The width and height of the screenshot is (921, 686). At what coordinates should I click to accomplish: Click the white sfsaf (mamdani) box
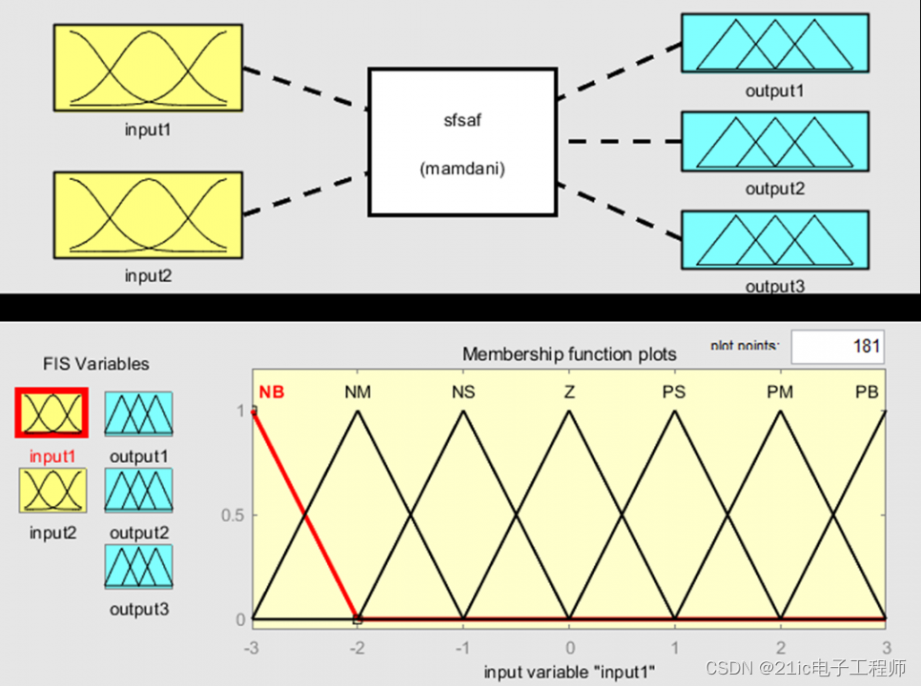pyautogui.click(x=462, y=141)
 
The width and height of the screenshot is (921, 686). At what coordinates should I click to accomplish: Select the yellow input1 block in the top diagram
pyautogui.click(x=148, y=68)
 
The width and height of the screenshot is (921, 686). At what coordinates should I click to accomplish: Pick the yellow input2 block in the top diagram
pyautogui.click(x=148, y=215)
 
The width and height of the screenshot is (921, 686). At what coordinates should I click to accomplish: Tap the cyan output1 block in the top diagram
pyautogui.click(x=774, y=44)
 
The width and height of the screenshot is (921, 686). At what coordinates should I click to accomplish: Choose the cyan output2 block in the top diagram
pyautogui.click(x=774, y=142)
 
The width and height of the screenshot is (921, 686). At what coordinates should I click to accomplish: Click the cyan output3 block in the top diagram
pyautogui.click(x=774, y=239)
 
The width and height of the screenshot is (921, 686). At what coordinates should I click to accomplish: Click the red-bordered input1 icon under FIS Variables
pyautogui.click(x=51, y=414)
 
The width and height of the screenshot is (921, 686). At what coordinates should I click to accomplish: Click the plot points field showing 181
pyautogui.click(x=836, y=347)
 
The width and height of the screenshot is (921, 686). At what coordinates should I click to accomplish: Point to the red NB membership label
pyautogui.click(x=271, y=392)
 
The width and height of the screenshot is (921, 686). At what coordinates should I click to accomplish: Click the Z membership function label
pyautogui.click(x=568, y=392)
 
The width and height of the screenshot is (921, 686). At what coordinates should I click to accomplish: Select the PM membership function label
pyautogui.click(x=780, y=392)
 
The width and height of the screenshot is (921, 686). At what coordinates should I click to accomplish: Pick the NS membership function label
pyautogui.click(x=462, y=392)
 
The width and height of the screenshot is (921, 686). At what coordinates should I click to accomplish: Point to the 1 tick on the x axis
pyautogui.click(x=674, y=645)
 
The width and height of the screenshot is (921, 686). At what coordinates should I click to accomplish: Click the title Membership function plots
pyautogui.click(x=569, y=354)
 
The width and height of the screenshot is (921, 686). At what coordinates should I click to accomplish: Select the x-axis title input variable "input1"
pyautogui.click(x=569, y=672)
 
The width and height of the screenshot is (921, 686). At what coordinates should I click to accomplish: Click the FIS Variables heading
pyautogui.click(x=95, y=364)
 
